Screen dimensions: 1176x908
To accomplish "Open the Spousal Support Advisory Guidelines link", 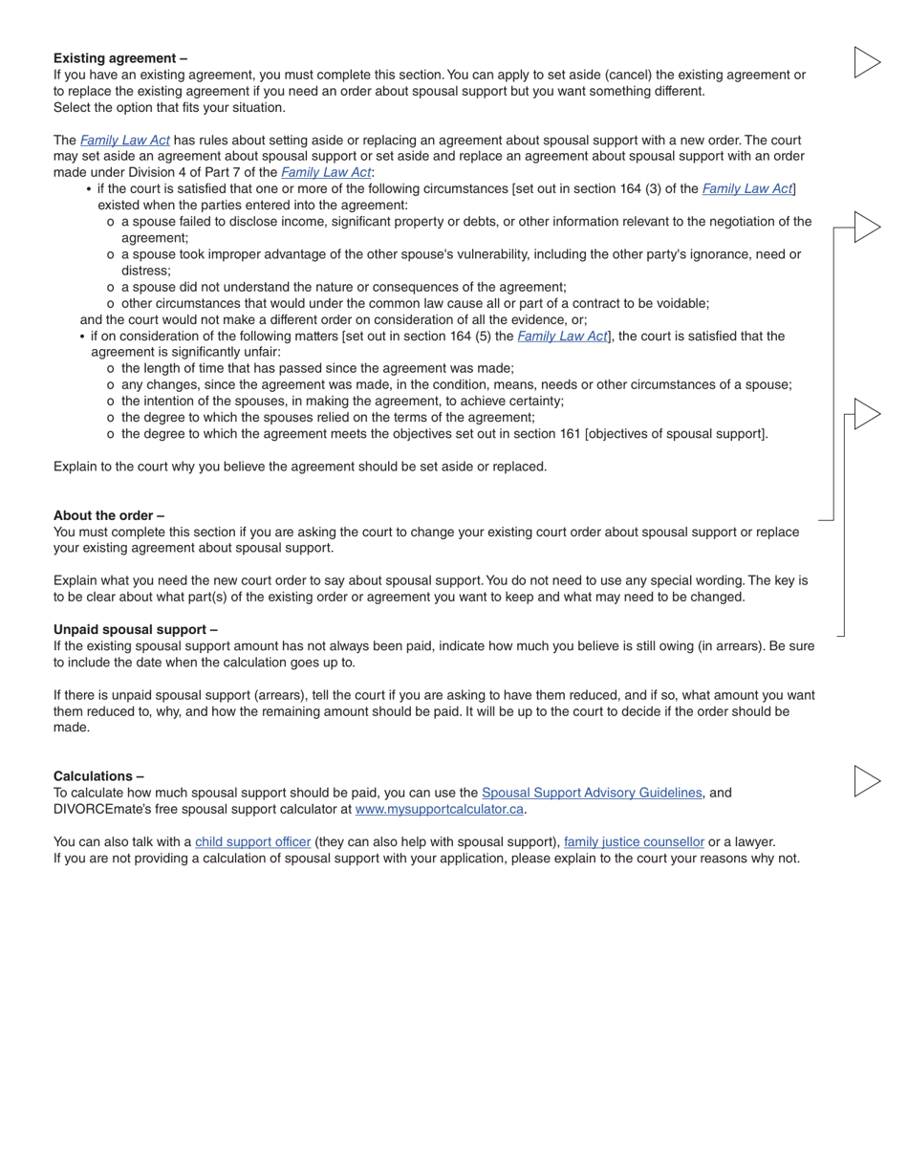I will [592, 793].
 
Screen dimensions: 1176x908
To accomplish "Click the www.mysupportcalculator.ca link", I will [440, 809].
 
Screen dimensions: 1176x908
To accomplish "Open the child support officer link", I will [253, 842].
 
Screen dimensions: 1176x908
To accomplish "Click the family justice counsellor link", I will [634, 842].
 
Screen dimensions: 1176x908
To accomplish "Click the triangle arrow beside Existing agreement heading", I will [866, 62].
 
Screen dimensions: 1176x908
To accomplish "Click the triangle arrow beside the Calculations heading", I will [866, 781].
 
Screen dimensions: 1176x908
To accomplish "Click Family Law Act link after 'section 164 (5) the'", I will [562, 337].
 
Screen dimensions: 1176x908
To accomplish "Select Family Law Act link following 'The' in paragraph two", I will [125, 141].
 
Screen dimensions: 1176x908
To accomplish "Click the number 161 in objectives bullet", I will [569, 434].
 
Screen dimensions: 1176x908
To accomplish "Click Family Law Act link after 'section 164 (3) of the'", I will [747, 189].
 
